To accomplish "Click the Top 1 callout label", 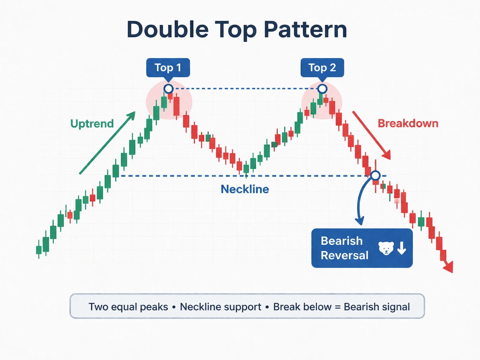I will pyautogui.click(x=168, y=67).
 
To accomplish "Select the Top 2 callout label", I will pyautogui.click(x=322, y=67).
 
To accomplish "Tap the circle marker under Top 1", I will pyautogui.click(x=168, y=88).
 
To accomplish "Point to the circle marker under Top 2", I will pyautogui.click(x=322, y=88).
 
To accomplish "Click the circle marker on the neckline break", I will pyautogui.click(x=375, y=175).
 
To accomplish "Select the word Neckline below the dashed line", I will pyautogui.click(x=245, y=189).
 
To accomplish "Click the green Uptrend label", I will pyautogui.click(x=92, y=124).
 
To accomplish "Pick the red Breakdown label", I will pyautogui.click(x=408, y=123).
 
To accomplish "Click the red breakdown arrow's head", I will pyautogui.click(x=388, y=156).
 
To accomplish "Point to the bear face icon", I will pyautogui.click(x=386, y=248).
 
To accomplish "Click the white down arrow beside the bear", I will pyautogui.click(x=402, y=248).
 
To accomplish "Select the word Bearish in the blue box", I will pyautogui.click(x=341, y=241).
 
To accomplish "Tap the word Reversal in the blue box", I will pyautogui.click(x=344, y=255).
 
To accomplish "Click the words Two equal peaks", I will pyautogui.click(x=128, y=307).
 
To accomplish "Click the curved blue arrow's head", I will pyautogui.click(x=359, y=221).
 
